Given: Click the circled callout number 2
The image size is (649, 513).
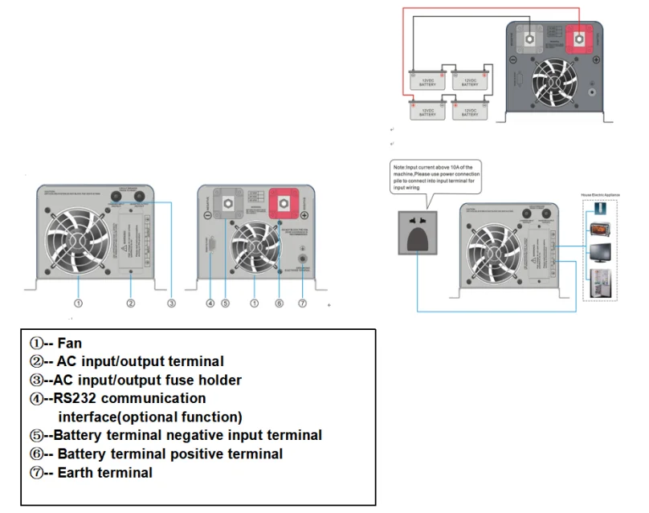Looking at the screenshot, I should click(x=130, y=303).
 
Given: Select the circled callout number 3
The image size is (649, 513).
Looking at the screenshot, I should click(x=171, y=303).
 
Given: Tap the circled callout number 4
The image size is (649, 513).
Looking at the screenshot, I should click(x=210, y=303).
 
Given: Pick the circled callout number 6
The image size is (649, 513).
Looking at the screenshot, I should click(x=279, y=303).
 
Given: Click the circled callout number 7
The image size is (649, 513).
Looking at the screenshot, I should click(x=302, y=303).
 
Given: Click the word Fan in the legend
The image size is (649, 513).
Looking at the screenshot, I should click(x=70, y=344).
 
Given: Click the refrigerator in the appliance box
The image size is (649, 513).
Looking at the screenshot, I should click(x=599, y=282).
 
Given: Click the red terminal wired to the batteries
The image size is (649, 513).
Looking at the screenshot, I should click(x=578, y=38).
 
